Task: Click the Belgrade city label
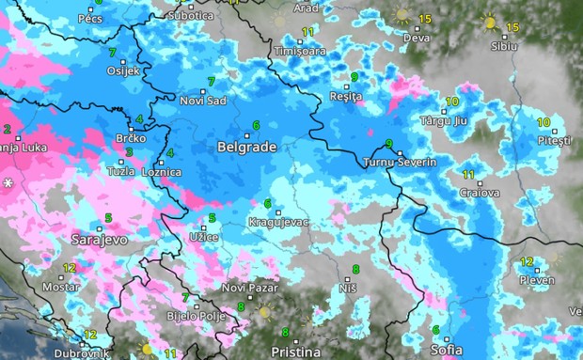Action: (x=245, y=148)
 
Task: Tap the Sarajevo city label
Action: (x=99, y=241)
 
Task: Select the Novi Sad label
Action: (x=204, y=101)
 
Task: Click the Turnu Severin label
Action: (x=400, y=163)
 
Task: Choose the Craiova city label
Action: (x=480, y=193)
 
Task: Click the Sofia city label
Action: (x=445, y=352)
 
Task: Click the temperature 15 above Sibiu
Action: (x=512, y=26)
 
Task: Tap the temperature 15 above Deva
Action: (x=425, y=19)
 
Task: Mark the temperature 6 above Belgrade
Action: (x=256, y=125)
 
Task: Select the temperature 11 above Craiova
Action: (x=469, y=175)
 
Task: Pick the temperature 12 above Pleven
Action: (x=528, y=261)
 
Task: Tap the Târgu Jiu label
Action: (x=442, y=122)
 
